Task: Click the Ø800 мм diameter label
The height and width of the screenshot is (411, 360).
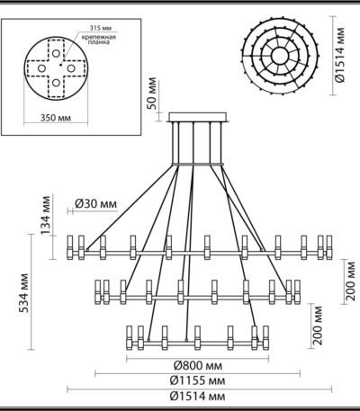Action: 195,366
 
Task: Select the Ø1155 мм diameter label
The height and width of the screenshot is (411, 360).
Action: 195,380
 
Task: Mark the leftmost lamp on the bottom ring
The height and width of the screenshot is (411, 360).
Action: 131,337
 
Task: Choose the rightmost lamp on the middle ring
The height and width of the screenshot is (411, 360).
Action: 293,291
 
